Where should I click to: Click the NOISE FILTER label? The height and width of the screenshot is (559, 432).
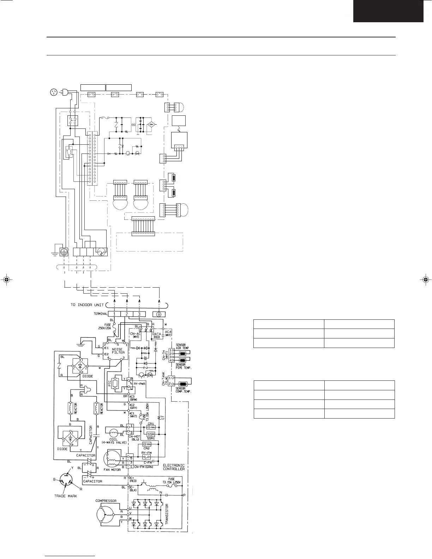tap(118, 350)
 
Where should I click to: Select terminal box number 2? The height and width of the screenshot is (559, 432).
tap(127, 314)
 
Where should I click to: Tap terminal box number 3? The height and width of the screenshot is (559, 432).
tap(139, 314)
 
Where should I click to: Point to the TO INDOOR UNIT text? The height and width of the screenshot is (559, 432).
tap(87, 305)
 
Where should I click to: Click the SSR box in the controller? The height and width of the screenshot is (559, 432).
tap(151, 434)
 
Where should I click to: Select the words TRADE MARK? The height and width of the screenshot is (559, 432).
tap(65, 496)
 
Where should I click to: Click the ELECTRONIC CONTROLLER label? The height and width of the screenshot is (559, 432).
tap(174, 467)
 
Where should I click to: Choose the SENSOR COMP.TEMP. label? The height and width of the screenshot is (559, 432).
tap(184, 390)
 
